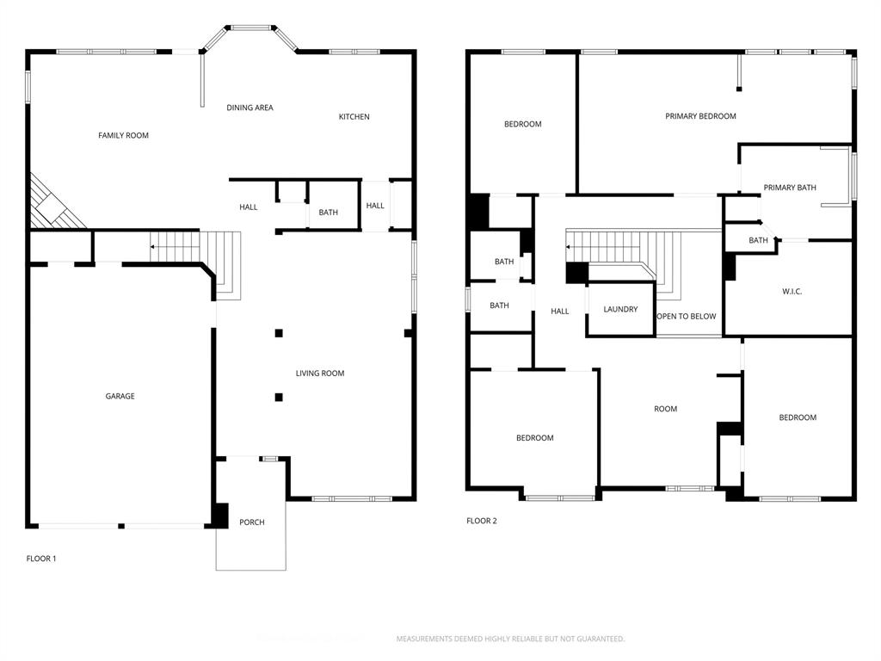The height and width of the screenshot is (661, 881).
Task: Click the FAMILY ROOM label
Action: coord(123,135)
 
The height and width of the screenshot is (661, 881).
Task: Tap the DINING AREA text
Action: coord(250,108)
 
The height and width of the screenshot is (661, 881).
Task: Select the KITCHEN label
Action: coord(354,117)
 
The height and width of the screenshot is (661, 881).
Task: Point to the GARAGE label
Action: coord(120,397)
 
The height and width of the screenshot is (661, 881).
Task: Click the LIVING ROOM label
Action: coord(320,374)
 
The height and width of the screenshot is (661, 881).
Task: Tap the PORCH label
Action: coord(252,522)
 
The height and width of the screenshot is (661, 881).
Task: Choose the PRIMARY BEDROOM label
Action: coord(700,116)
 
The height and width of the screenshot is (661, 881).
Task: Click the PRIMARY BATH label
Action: coord(789,188)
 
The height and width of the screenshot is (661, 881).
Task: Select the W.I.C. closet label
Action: coord(792,292)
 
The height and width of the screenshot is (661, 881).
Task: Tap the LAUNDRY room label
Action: coord(619,309)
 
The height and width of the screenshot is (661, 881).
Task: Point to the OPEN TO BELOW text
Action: coord(687,317)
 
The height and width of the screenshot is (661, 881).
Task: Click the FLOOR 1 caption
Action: coord(41,559)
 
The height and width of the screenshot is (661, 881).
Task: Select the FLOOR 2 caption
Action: coord(482,521)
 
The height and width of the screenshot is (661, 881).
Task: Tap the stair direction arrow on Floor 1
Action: coord(153,247)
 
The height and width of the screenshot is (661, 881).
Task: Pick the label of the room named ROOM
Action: coord(665,409)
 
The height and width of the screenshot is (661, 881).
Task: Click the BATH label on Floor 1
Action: coord(328,213)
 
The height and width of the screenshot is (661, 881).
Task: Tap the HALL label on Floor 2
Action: coord(560,312)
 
